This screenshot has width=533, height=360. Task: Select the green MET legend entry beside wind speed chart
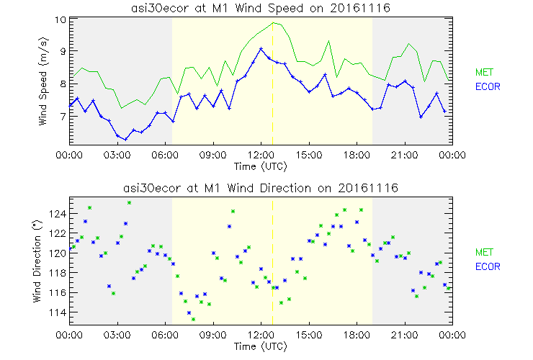pos(484,72)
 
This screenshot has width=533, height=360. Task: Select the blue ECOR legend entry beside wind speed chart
pos(487,86)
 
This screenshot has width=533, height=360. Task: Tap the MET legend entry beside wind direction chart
pos(484,252)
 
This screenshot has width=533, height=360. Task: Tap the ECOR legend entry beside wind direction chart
pos(487,266)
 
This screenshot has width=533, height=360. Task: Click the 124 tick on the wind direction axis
pos(58,215)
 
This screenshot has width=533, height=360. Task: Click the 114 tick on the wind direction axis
pos(58,312)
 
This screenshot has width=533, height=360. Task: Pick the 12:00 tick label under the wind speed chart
pos(261,154)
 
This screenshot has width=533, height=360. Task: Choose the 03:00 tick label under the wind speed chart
pos(117,154)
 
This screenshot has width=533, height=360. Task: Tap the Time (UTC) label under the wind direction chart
pos(260,347)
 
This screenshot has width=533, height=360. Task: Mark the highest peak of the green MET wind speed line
pos(274,22)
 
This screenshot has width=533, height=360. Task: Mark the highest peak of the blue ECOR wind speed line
pos(261,48)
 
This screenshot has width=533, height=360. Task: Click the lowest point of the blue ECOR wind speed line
pos(125,140)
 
